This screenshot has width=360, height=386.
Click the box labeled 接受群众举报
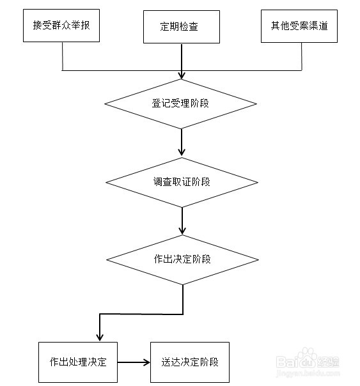[x=63, y=26]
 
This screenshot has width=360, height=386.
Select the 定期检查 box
[x=182, y=27]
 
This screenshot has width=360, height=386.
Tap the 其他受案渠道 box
[x=301, y=26]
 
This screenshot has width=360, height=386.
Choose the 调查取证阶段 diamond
[x=182, y=181]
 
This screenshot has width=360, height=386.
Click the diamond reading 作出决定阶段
[x=182, y=259]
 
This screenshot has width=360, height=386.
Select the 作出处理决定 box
[x=77, y=362]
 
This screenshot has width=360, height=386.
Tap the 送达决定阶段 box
[x=189, y=362]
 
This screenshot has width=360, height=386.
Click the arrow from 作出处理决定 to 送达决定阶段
[x=133, y=362]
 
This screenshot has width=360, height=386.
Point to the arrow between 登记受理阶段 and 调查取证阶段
[x=182, y=142]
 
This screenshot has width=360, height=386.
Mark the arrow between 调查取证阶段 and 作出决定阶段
[x=182, y=220]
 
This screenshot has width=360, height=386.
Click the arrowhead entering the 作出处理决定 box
[x=99, y=337]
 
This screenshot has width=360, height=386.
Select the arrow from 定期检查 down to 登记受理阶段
[x=182, y=61]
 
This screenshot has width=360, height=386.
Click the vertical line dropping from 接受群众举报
[x=63, y=56]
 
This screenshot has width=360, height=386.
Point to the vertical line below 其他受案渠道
[x=301, y=56]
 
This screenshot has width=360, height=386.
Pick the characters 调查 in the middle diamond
[x=162, y=181]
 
